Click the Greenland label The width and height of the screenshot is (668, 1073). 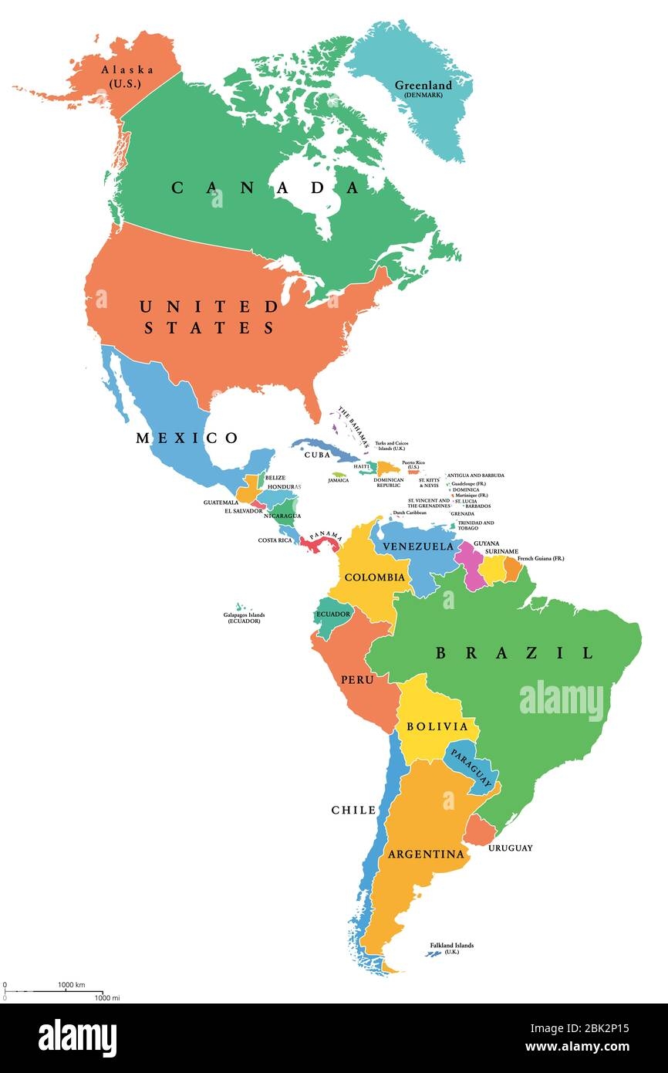point(423,88)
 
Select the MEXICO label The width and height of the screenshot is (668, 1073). point(187,438)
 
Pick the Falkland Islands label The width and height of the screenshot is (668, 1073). point(452,949)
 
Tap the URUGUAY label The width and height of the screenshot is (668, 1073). point(510,848)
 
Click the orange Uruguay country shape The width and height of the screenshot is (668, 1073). point(480,831)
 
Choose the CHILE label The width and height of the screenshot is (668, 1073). point(353,810)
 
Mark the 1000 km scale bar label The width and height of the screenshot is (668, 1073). point(71,985)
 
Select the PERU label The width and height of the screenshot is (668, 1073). point(357,679)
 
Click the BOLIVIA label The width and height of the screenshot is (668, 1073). point(437,727)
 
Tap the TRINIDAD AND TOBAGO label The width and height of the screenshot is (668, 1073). point(475,526)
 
